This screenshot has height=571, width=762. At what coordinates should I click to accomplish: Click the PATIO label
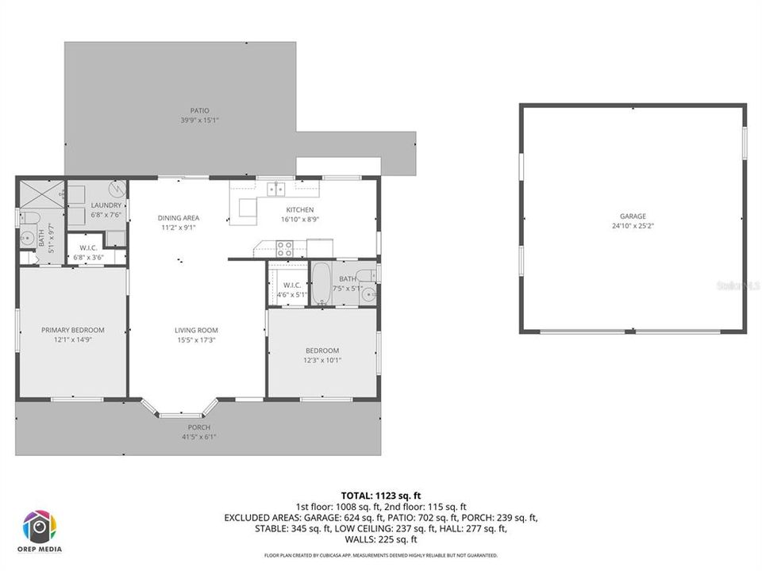(x=199, y=110)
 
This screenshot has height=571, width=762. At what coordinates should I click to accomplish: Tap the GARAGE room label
(x=633, y=216)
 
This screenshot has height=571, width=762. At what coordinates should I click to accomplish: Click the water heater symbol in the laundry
(x=116, y=190)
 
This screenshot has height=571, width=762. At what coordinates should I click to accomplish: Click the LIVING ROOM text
(x=196, y=330)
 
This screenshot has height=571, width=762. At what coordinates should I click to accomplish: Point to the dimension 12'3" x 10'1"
(x=322, y=360)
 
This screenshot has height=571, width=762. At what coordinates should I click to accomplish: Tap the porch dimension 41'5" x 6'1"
(x=199, y=436)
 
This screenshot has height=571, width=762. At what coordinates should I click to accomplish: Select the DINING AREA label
(x=178, y=217)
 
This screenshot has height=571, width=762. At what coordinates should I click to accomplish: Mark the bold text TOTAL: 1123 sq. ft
(x=380, y=495)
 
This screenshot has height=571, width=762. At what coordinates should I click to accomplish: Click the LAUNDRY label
(x=106, y=205)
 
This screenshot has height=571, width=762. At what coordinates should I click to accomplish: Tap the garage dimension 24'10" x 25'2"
(x=633, y=225)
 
